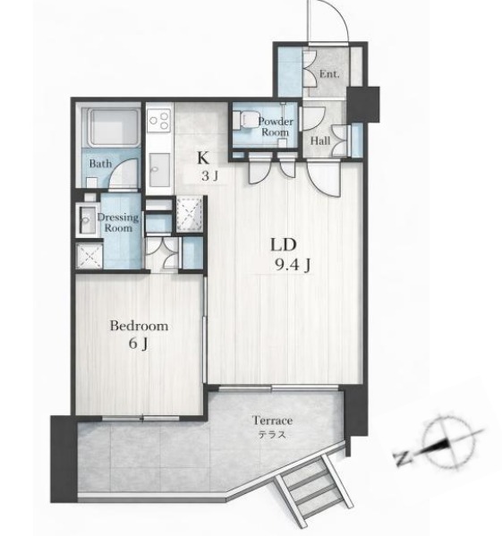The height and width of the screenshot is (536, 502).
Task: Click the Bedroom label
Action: point(139,326)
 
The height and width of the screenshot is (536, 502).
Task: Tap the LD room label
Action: point(284,244)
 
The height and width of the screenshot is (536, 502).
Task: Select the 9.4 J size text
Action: point(293,265)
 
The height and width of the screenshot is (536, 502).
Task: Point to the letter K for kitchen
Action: point(203,157)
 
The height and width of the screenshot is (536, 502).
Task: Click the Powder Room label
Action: point(276,127)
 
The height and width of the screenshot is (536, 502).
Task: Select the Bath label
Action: point(100,164)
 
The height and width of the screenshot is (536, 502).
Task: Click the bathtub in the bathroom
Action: point(114,127)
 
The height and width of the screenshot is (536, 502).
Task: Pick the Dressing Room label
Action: point(118,223)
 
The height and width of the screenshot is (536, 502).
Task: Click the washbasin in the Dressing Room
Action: point(86,220)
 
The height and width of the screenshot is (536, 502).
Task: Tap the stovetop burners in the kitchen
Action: point(159,120)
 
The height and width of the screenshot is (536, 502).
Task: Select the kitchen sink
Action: point(159,169)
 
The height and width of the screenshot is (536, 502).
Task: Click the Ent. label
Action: point(329,74)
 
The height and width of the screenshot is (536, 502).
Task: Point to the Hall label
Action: point(320,140)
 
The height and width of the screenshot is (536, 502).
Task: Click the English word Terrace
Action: point(272,420)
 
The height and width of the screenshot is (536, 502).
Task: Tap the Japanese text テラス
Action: point(272,435)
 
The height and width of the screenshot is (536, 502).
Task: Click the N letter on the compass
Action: point(403,458)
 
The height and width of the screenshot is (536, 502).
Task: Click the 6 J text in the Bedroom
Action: point(139,344)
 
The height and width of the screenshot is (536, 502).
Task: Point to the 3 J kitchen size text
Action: point(209,176)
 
